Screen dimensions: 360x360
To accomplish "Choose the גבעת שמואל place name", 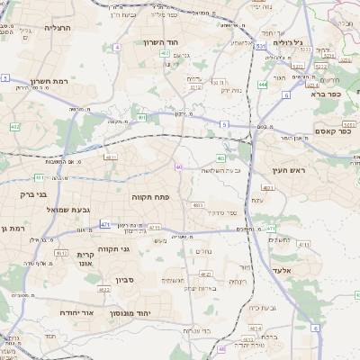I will pos(67,210).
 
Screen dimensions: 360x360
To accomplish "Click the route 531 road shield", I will pos(260,45).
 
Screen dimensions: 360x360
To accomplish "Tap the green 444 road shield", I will pos(262,85).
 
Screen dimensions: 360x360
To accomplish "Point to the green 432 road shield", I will pos(14,127).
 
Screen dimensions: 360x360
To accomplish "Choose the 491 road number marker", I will pos(142,117).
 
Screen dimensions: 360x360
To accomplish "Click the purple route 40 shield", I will pos(179,166).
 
